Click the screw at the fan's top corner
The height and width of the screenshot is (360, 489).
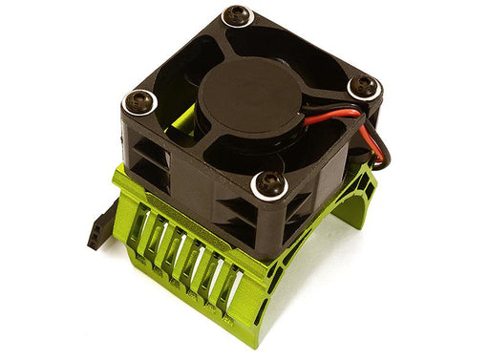[234, 16]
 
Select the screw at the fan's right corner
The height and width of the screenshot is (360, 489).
[362, 87]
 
